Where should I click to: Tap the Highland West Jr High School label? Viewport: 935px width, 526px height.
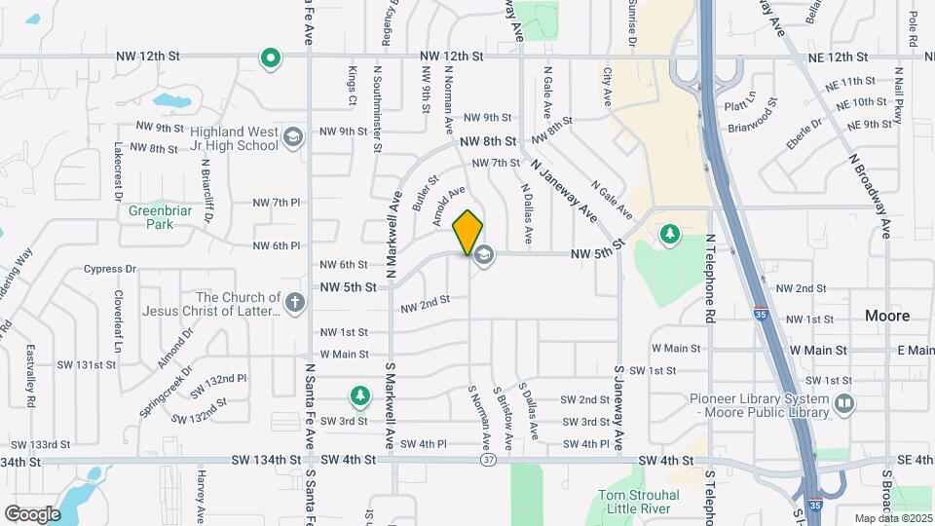pos(221,138)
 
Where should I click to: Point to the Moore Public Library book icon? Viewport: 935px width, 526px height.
pos(844,401)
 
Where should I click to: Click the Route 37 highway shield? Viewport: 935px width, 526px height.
pos(488,460)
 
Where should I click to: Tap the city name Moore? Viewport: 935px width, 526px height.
pos(887,316)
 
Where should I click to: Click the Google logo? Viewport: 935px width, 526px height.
pos(33,513)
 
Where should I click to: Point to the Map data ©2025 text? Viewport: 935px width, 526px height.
pos(892,518)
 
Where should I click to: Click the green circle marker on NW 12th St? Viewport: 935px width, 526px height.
pos(271,59)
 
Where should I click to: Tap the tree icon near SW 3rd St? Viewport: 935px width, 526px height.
pos(360,395)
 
